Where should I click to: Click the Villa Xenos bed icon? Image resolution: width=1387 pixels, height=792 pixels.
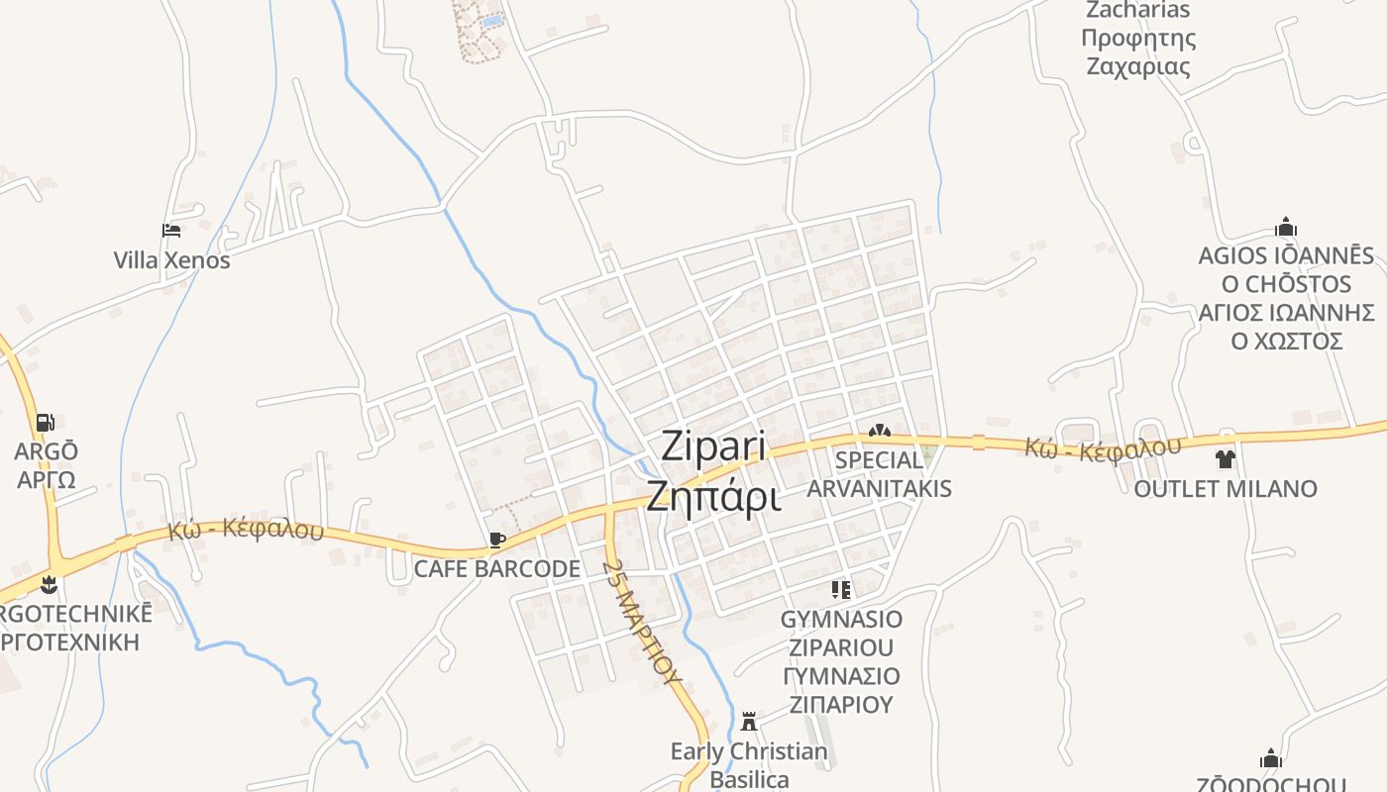[x=171, y=231]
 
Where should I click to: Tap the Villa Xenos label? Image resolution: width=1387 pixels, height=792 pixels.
[x=171, y=260]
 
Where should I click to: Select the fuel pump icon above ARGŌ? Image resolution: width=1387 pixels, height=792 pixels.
[x=45, y=423]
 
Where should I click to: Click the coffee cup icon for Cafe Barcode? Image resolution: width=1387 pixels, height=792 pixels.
[x=497, y=540]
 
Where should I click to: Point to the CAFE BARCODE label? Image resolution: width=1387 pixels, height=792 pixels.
[x=496, y=569]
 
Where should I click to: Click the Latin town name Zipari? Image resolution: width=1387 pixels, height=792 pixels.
[x=713, y=446]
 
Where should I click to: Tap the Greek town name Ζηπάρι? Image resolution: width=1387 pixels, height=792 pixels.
[x=713, y=495]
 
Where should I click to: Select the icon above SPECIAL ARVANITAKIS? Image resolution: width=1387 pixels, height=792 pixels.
[x=879, y=432]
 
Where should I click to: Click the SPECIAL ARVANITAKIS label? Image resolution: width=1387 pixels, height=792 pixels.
[x=879, y=474]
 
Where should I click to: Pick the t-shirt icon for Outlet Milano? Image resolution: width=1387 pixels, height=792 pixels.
[x=1226, y=459]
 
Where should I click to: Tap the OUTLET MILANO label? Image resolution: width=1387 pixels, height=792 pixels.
[x=1226, y=489]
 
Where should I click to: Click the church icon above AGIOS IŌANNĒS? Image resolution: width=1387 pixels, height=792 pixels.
[x=1286, y=227]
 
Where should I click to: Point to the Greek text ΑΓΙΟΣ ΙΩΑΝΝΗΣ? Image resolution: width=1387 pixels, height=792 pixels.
[x=1286, y=313]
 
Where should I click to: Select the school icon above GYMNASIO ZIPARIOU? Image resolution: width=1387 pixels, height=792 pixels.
[x=841, y=591]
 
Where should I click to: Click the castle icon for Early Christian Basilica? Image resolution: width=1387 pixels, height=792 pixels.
[x=749, y=721]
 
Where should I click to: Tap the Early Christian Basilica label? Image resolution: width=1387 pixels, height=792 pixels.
[x=749, y=765]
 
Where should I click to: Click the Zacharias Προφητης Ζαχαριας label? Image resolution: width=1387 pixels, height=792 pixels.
[x=1138, y=39]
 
